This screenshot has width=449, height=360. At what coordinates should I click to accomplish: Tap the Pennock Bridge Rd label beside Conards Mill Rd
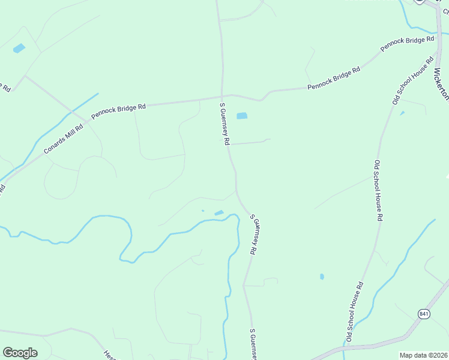118,111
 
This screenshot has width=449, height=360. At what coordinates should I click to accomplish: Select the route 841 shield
424,314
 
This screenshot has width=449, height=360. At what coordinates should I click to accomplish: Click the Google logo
20,353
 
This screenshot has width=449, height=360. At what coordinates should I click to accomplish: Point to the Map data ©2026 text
424,355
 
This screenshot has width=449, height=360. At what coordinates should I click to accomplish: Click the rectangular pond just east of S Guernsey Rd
242,116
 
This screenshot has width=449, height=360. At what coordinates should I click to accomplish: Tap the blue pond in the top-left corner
19,49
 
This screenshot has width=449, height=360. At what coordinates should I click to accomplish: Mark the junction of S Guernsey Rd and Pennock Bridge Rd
223,95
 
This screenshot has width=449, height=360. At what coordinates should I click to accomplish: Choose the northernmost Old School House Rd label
413,81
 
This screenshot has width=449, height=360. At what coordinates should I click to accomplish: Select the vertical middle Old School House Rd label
378,191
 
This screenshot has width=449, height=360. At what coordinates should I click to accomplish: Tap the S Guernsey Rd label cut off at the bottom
253,344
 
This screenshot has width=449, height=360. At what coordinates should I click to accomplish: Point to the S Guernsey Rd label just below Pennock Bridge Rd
224,124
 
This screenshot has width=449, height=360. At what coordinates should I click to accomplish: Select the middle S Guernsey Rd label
255,235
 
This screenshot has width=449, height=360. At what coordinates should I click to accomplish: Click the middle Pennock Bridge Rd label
334,79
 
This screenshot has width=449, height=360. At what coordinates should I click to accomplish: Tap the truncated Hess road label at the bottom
109,355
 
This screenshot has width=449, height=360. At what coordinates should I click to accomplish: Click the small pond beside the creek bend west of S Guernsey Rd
219,212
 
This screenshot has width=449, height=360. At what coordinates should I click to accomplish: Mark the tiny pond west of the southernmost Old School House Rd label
322,277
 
